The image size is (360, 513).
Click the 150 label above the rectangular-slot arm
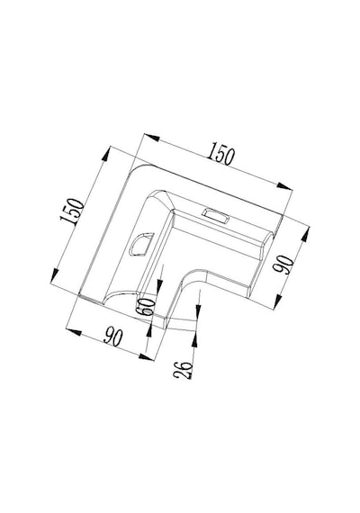pos(221,153)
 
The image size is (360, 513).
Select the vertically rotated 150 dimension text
pos(72,211)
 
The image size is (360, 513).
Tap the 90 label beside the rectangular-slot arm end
pos(283,265)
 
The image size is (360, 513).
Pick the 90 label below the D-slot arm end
pos(113,337)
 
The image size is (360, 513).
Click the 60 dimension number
pos(147,306)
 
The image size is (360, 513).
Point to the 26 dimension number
pos(183,369)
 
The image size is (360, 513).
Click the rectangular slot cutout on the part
pos(215,216)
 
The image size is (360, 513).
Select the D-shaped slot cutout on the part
pos(141,244)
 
